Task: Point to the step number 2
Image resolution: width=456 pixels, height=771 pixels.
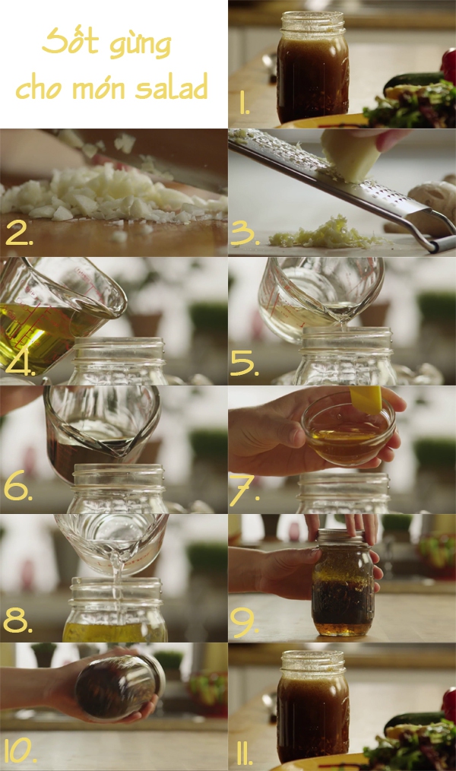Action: point(19,234)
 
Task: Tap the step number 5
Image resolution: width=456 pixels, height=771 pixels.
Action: point(244,364)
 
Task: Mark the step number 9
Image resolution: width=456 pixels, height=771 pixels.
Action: point(244,621)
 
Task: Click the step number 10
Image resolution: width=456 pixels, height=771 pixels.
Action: point(21,750)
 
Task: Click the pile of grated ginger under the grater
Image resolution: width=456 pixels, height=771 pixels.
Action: point(325,235)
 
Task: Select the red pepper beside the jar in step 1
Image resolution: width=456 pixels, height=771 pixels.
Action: point(448,65)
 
